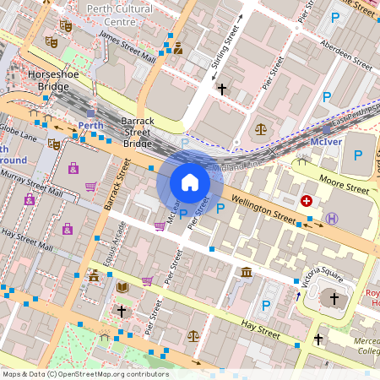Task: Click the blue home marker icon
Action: pos(190,182)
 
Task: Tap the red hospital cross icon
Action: pos(307,201)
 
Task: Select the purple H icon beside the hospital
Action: pos(332,218)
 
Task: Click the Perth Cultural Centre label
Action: pos(123,14)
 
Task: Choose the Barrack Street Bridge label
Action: pos(137,132)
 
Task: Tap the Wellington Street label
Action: pos(265,210)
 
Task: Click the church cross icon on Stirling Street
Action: pos(222,88)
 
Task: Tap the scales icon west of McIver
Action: pos(260,130)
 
